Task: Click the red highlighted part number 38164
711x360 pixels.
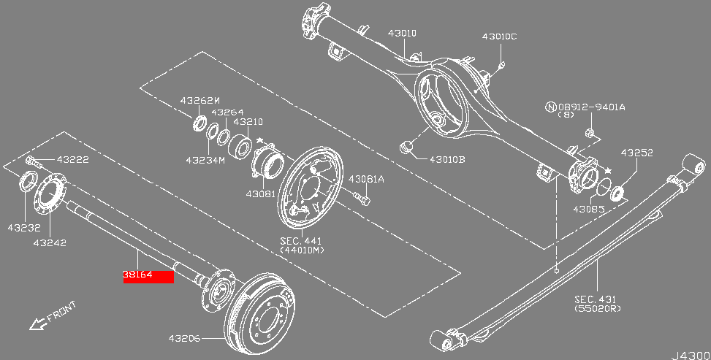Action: [x=148, y=276]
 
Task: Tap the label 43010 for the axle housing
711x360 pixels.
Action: [x=402, y=33]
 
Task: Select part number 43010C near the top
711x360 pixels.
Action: [x=499, y=37]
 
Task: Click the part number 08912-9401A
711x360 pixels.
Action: [x=592, y=107]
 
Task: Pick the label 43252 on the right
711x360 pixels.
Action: [x=636, y=153]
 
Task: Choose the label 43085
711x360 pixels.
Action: [x=588, y=209]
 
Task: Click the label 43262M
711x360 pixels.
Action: [x=200, y=100]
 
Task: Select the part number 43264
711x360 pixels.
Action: [x=227, y=112]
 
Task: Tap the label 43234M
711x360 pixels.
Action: [x=205, y=159]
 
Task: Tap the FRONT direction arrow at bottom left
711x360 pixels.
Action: [x=37, y=322]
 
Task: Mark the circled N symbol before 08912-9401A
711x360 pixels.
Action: [x=550, y=107]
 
